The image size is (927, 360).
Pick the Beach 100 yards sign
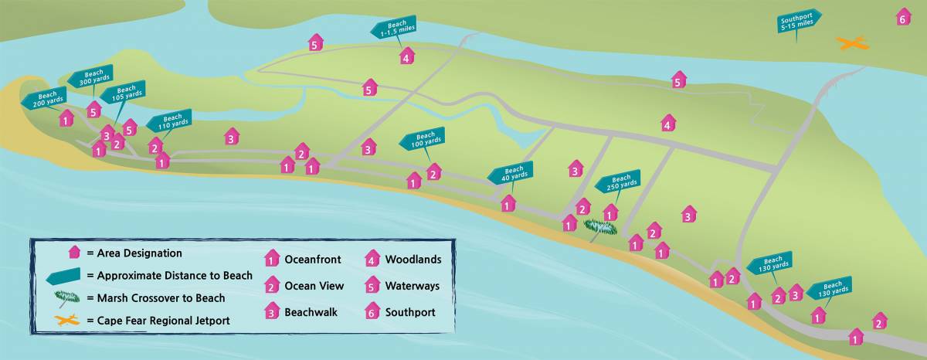[x=423, y=140]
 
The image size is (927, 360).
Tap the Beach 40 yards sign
[x=513, y=173]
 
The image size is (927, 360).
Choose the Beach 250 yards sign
[x=620, y=182]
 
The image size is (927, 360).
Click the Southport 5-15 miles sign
[x=798, y=22]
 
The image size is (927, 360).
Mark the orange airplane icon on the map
[x=851, y=45]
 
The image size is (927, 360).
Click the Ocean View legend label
[x=314, y=286]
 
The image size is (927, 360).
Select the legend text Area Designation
[x=134, y=253]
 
